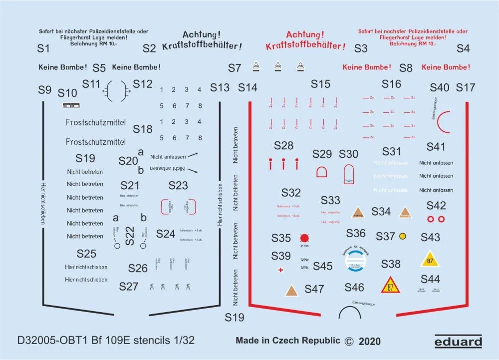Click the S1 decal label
[x=44, y=48]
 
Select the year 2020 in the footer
[x=369, y=342]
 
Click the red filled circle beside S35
[x=304, y=238]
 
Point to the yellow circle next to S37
[x=403, y=236]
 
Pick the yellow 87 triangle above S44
[x=430, y=259]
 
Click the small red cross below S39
[x=281, y=270]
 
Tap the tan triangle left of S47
[x=292, y=290]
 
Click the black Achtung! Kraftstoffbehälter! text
[x=202, y=40]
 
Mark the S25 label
[x=86, y=253]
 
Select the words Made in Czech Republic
[x=288, y=341]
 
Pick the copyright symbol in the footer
[x=349, y=342]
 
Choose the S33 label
[x=330, y=200]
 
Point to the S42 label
[x=436, y=205]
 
